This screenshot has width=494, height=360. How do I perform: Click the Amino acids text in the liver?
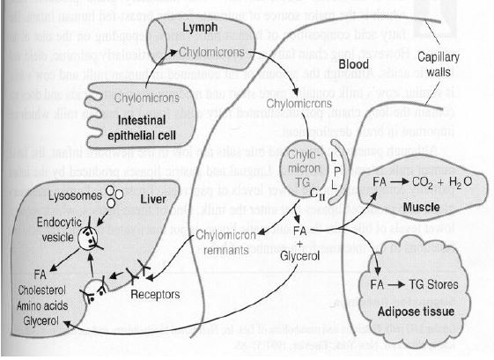(x=41, y=304)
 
